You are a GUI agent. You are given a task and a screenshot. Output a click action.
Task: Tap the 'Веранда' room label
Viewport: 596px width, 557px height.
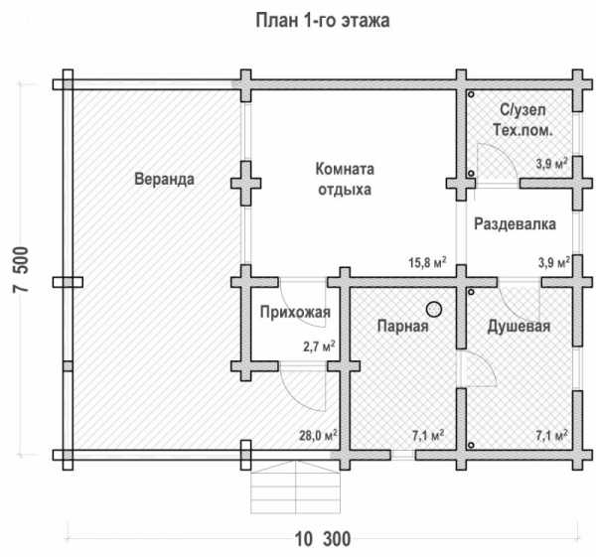tap(163, 180)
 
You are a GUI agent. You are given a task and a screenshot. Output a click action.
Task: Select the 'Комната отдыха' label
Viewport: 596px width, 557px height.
tap(344, 179)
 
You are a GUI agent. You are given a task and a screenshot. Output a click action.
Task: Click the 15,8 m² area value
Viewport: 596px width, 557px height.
tap(427, 263)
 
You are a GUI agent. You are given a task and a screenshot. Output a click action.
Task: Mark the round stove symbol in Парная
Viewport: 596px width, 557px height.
tap(434, 308)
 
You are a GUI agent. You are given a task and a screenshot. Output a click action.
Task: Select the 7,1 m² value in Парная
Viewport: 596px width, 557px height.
tap(427, 435)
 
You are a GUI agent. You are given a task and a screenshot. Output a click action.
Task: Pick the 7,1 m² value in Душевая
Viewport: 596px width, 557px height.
tap(551, 435)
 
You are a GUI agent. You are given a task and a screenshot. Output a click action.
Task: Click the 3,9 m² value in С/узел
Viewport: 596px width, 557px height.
tap(551, 164)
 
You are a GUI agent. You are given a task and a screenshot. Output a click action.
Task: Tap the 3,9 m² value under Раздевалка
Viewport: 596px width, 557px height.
tap(551, 263)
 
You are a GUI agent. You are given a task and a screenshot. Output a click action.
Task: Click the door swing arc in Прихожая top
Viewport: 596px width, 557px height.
tap(298, 298)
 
